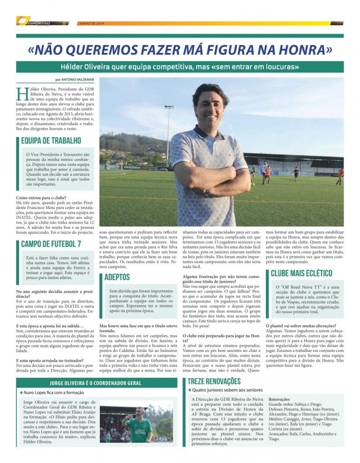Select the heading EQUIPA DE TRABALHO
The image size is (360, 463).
pyautogui.click(x=51, y=141)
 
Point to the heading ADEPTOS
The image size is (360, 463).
pyautogui.click(x=117, y=277)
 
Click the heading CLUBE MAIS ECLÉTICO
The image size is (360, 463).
pyautogui.click(x=301, y=273)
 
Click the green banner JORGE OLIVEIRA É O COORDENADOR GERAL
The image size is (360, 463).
pyautogui.click(x=96, y=383)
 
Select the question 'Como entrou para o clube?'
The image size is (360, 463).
pyautogui.click(x=41, y=198)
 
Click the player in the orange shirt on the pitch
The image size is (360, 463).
pyautogui.click(x=267, y=174)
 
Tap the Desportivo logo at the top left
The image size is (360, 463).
pyautogui.click(x=35, y=22)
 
